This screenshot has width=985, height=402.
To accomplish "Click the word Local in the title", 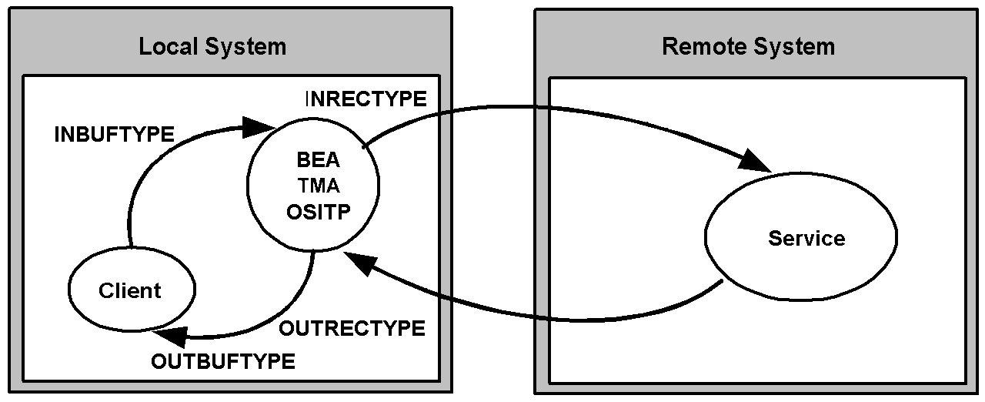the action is point(168,46).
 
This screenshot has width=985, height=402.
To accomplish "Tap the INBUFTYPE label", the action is point(115,134).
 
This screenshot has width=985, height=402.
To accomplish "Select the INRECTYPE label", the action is point(366,99).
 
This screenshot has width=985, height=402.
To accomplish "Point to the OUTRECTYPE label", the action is point(352,328).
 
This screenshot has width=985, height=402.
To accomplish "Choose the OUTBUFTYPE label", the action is point(223,361).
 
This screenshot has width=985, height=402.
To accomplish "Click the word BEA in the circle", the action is point(319,159).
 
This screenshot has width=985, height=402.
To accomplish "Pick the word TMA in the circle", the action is point(319,186).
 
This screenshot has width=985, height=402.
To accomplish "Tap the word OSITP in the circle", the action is point(319,212).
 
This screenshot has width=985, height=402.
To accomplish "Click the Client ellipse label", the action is point(130,291).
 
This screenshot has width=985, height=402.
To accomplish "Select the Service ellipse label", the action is point(806,239).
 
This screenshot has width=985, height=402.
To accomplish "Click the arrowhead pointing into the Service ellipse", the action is point(755,160).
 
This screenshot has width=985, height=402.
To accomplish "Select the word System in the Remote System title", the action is point(794,47).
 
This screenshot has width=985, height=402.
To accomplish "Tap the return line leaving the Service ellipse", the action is point(549,318).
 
